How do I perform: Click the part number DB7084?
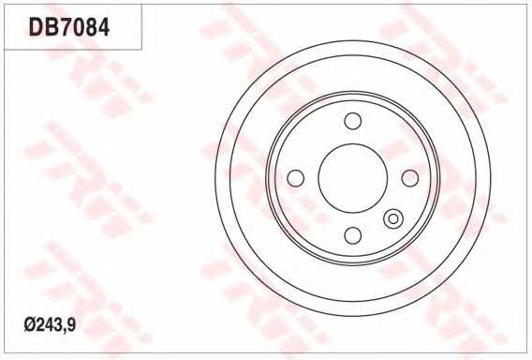pyautogui.click(x=69, y=27)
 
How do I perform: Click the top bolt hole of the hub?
pyautogui.click(x=353, y=121)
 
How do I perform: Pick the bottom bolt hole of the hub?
pyautogui.click(x=353, y=235)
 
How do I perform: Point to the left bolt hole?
pyautogui.click(x=296, y=178)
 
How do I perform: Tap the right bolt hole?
pyautogui.click(x=410, y=178)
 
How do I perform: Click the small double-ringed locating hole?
pyautogui.click(x=393, y=219)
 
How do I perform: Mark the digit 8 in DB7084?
pyautogui.click(x=90, y=27)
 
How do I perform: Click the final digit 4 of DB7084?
pyautogui.click(x=103, y=27)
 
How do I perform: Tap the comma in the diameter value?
pyautogui.click(x=66, y=330)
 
